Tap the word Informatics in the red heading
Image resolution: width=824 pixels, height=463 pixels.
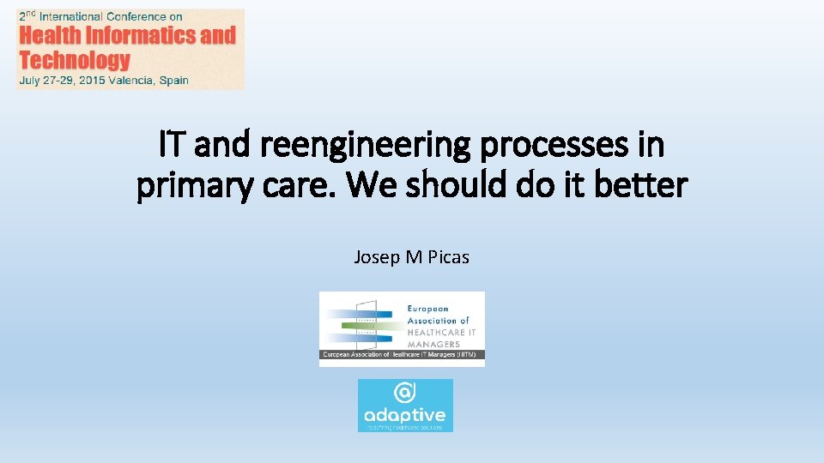click(x=142, y=35)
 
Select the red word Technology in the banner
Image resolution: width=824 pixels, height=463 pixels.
click(x=75, y=60)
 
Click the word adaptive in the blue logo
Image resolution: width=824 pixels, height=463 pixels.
click(x=405, y=416)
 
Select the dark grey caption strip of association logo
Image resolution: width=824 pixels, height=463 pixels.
click(x=402, y=354)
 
